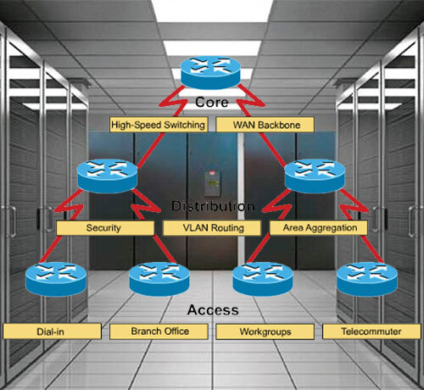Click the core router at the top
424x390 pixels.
coord(210,72)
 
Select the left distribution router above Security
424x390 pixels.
coord(108,175)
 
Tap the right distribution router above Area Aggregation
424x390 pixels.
coord(315,175)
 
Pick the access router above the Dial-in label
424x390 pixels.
coord(56,279)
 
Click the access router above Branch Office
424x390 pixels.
coord(159,279)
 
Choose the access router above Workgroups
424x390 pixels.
coord(263,279)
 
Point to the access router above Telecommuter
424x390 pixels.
coord(367,279)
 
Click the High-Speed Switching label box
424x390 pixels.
coord(159,125)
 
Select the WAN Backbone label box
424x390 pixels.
coord(265,125)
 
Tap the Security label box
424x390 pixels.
coord(105,228)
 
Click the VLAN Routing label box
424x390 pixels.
coord(212,228)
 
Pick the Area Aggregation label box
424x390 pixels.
coord(319,228)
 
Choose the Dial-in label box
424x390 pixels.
coord(52,331)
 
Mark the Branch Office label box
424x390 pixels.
coord(159,331)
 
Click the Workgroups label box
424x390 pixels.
coord(265,331)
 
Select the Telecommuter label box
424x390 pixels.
coord(371,331)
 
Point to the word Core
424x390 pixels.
coord(212,102)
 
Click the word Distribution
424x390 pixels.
coord(213,206)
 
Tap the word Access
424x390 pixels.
coord(213,309)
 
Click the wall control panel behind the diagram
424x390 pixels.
coord(212,182)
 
